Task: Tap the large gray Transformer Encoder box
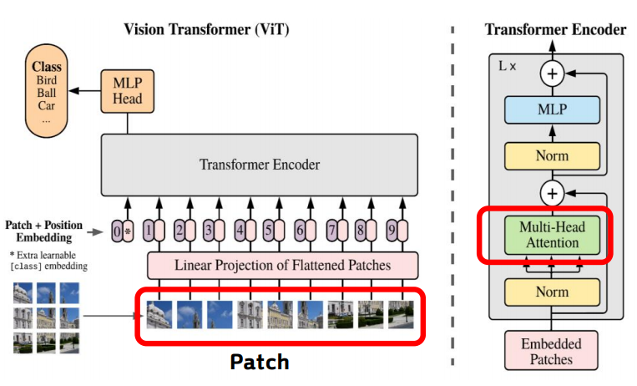259,165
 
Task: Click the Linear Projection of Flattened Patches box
281,266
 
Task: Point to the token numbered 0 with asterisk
123,230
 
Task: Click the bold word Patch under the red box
260,362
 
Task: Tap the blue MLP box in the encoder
551,110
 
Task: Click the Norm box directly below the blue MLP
551,155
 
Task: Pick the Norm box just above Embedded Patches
551,292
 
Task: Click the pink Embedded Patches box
551,351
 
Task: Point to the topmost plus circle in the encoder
551,74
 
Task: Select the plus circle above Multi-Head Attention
551,194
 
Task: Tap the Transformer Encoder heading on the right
555,30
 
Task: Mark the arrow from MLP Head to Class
83,89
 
